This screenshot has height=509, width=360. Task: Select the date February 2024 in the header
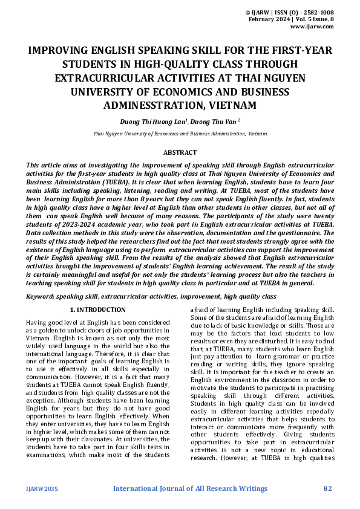pos(269,20)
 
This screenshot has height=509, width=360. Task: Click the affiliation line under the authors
pos(180,133)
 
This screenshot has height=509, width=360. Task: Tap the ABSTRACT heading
pos(180,153)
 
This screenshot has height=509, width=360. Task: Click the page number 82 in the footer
pos(329,488)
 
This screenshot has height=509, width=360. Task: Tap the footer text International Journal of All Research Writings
pos(190,488)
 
